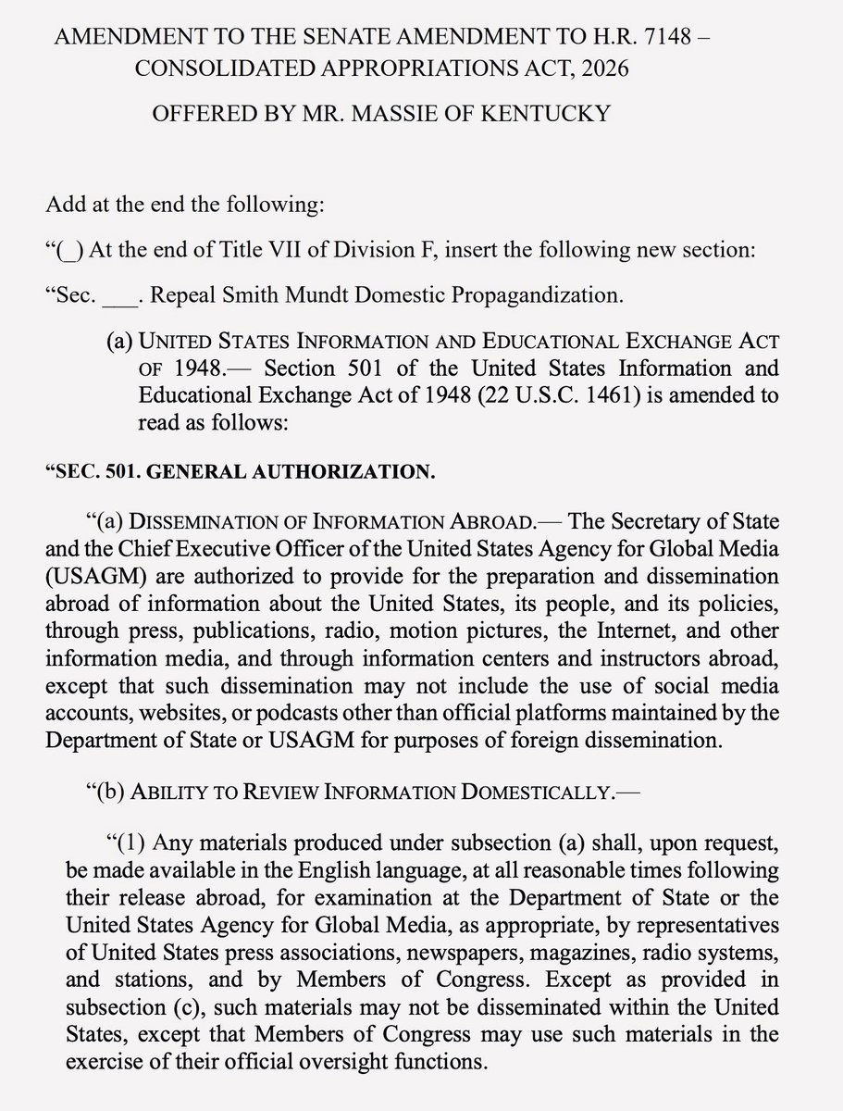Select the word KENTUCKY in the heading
[560, 115]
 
